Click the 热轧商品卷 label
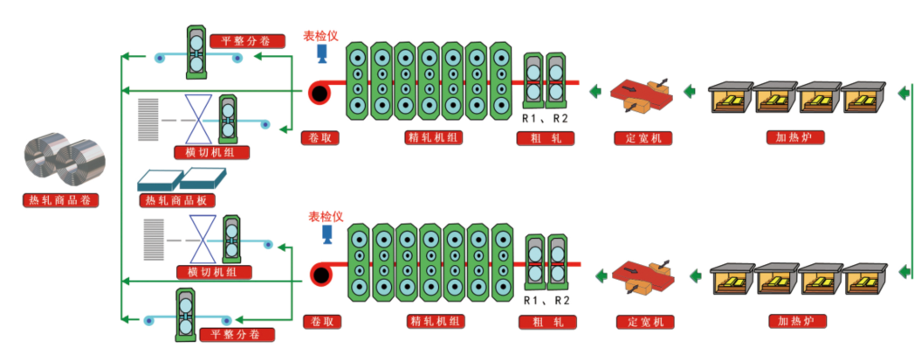coord(58,200)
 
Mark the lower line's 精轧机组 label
coord(435,321)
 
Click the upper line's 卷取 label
coord(320,137)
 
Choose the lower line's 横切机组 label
coord(213,272)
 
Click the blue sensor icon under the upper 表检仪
coord(321,55)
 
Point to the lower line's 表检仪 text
coord(325,216)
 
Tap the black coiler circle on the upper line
coord(319,93)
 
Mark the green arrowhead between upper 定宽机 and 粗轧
coord(595,90)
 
